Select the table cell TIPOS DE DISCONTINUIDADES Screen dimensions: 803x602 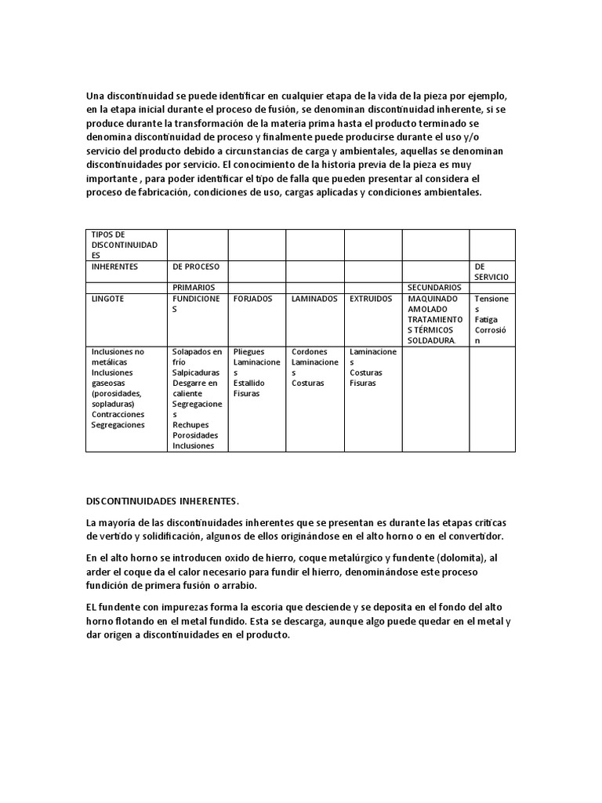point(125,245)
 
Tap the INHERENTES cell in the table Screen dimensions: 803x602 point(114,267)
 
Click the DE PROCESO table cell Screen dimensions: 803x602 point(196,267)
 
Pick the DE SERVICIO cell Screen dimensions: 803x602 point(491,271)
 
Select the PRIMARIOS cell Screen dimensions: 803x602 point(194,288)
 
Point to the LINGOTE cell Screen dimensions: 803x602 point(108,299)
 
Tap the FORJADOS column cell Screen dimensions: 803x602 point(252,299)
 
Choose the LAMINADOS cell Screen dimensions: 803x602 point(314,299)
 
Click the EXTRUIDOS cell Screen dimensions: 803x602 point(372,299)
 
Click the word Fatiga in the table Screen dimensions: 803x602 point(487,320)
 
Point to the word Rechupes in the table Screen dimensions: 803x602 point(190,425)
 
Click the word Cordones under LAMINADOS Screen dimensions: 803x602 point(310,352)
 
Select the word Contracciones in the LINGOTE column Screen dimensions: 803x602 point(118,414)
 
